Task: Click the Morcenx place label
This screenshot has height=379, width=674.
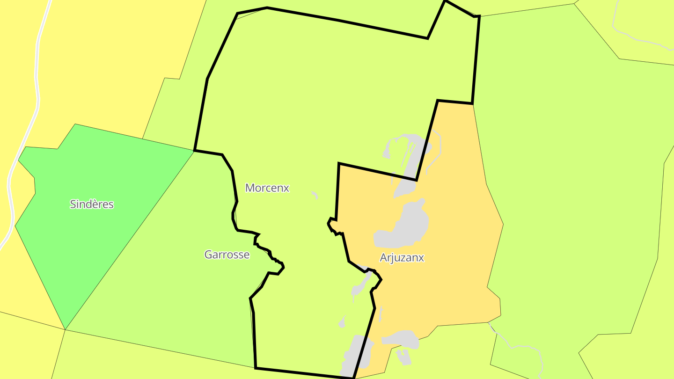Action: click(267, 188)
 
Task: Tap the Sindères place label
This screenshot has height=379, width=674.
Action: click(92, 204)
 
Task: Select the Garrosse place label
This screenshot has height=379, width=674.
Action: click(227, 255)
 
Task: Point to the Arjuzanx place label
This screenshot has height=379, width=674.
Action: click(402, 257)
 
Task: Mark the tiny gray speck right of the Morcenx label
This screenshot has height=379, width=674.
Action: click(315, 194)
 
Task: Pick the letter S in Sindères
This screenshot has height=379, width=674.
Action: click(73, 204)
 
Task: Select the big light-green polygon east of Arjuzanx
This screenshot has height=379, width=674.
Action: click(571, 187)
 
